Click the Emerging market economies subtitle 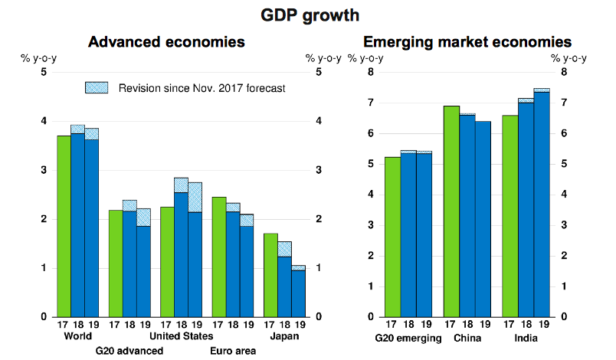(x=467, y=41)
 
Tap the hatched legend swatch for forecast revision (x=96, y=88)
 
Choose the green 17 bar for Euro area (x=218, y=257)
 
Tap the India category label (x=526, y=336)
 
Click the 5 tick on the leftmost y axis (x=44, y=72)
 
